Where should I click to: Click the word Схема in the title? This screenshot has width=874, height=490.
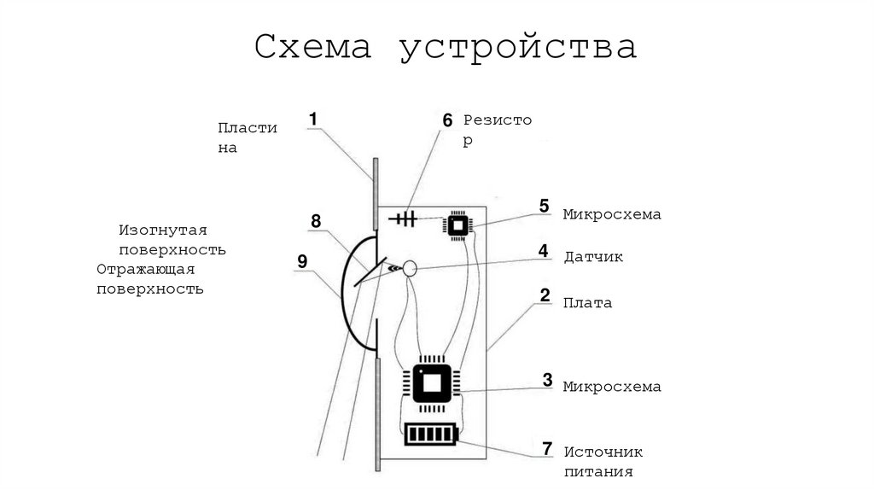(x=312, y=48)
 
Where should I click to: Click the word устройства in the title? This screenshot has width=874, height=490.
(x=518, y=48)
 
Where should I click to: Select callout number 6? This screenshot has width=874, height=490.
(x=447, y=120)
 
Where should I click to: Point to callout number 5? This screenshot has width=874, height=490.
(x=544, y=206)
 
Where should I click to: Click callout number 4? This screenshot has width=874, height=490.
(x=543, y=251)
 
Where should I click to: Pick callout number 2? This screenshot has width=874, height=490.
(x=544, y=296)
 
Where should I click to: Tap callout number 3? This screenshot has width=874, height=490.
(x=547, y=380)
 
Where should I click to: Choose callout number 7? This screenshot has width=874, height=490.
(x=547, y=447)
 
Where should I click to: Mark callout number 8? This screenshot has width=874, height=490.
(x=316, y=222)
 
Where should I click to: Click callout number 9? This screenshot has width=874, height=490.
(x=302, y=261)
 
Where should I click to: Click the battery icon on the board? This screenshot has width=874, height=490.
(x=431, y=435)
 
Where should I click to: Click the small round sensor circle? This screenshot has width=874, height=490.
(x=410, y=268)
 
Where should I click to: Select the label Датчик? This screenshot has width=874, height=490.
(x=593, y=256)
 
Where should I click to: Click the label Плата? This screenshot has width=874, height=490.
(x=587, y=302)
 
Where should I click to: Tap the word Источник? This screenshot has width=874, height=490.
(x=603, y=452)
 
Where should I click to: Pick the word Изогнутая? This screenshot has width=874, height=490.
(x=163, y=230)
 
